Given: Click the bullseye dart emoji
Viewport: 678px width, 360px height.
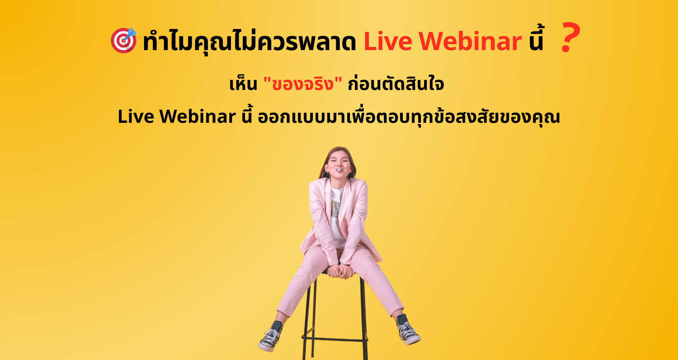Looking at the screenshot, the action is coord(124,40).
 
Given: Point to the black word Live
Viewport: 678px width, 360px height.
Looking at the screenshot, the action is coord(136,116).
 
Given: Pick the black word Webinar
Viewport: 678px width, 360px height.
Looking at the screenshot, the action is coord(197,116).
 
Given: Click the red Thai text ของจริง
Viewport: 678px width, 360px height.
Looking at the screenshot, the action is coord(303,84).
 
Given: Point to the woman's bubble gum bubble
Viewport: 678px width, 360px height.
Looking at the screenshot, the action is coord(339,170).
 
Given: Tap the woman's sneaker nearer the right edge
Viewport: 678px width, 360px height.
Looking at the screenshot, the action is coord(408,330).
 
